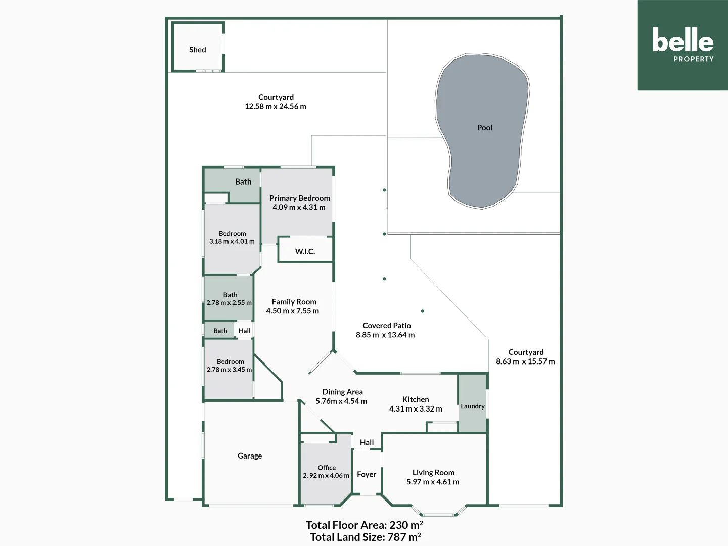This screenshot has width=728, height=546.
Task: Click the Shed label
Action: (x=197, y=50)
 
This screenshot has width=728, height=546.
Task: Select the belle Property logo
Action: (x=682, y=45)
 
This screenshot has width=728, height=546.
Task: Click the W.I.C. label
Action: (x=305, y=251)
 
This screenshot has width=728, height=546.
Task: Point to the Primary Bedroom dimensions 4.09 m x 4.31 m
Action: (x=299, y=207)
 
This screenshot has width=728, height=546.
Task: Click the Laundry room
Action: (x=473, y=406)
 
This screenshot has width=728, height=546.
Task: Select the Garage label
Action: (x=250, y=456)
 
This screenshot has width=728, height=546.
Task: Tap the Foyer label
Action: (x=367, y=474)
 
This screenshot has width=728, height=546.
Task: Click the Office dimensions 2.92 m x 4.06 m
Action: (x=326, y=475)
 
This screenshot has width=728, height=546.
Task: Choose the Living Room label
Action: (x=433, y=472)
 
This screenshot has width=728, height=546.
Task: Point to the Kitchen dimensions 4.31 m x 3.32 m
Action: (x=416, y=408)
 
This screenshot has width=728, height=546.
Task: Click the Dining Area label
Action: (x=342, y=392)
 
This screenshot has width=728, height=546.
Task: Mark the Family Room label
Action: (x=294, y=302)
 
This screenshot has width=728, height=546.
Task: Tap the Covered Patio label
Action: (x=387, y=326)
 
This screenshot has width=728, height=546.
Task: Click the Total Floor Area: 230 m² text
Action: (x=364, y=525)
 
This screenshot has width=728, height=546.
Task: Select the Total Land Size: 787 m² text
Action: (x=366, y=537)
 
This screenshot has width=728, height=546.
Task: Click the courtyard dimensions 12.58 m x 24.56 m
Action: (x=276, y=106)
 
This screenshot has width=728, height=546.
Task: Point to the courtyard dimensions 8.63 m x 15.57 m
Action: (x=525, y=361)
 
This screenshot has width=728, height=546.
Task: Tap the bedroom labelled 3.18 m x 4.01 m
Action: (x=232, y=238)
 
